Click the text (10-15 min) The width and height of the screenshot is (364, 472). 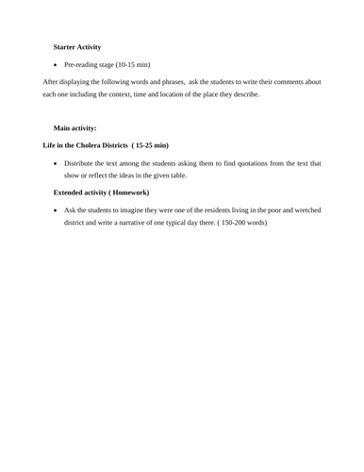(x=136, y=65)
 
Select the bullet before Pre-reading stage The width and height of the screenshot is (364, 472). (x=57, y=65)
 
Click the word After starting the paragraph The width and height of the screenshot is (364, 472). (x=53, y=82)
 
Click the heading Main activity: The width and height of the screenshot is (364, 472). (x=74, y=127)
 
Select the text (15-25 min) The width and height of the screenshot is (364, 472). (x=149, y=145)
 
